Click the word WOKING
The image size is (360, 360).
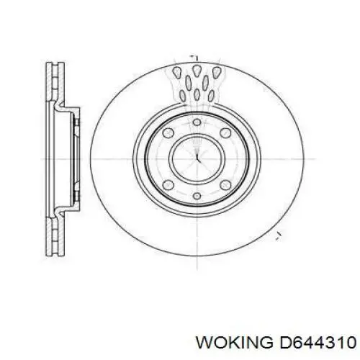234,342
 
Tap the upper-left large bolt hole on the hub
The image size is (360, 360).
168,132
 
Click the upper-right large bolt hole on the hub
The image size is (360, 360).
225,132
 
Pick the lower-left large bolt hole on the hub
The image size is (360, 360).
168,184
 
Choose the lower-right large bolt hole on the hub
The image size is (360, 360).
225,184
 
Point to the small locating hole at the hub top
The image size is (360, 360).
197,122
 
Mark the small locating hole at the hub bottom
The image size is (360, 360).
197,196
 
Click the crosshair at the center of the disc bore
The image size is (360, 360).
197,158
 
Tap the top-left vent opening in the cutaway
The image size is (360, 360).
177,72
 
